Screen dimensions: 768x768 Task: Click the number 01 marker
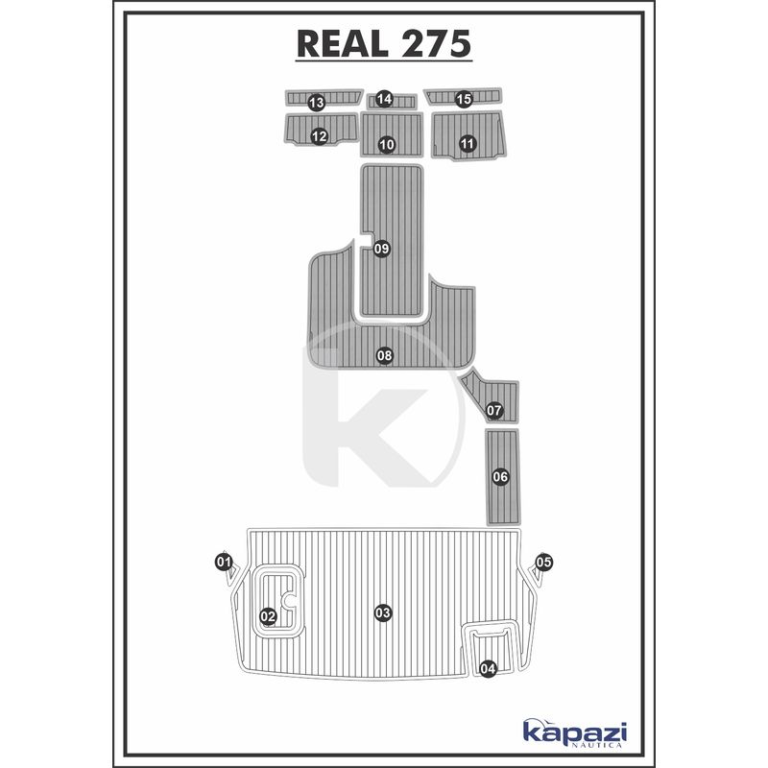point(224,562)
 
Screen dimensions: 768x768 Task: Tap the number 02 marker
point(268,616)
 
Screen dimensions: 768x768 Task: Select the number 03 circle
point(383,612)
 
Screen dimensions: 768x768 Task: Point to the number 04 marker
point(489,668)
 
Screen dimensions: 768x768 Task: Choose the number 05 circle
point(543,563)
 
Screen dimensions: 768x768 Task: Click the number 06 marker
point(500,476)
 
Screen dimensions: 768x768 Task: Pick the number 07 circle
point(494,410)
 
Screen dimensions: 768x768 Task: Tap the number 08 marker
point(385,355)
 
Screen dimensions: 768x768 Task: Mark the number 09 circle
point(381,249)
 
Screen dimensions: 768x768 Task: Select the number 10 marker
point(387,145)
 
